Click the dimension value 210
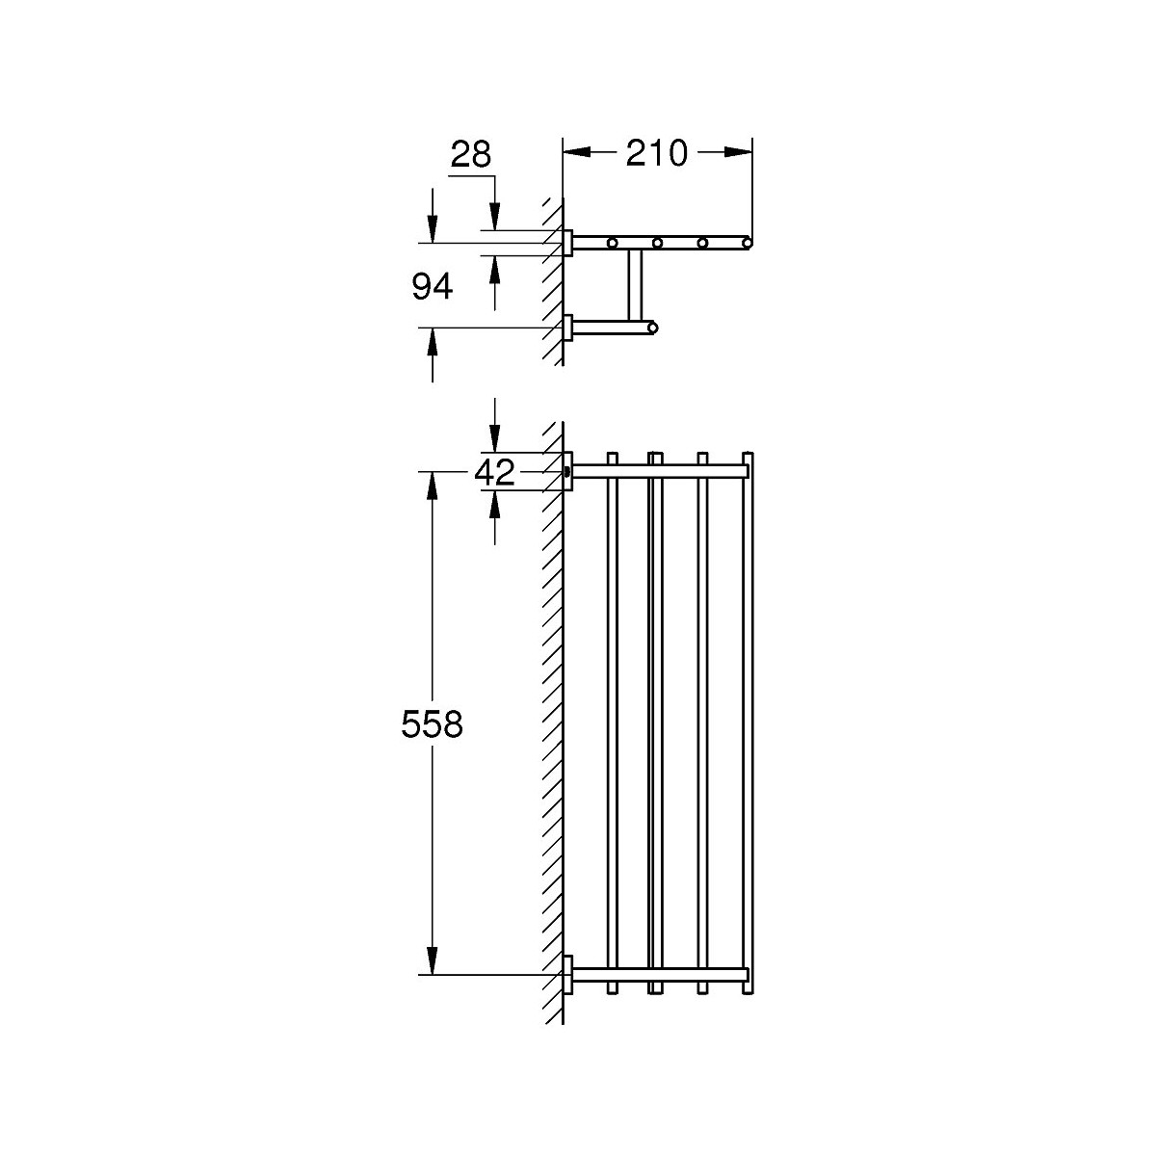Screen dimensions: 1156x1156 pyautogui.click(x=656, y=153)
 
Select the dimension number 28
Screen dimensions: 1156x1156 pyautogui.click(x=471, y=154)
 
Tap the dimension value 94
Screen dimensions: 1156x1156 pyautogui.click(x=432, y=286)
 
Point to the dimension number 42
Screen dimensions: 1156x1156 pyautogui.click(x=494, y=472)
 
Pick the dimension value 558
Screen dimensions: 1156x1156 pyautogui.click(x=432, y=724)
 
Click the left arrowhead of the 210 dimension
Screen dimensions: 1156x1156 pyautogui.click(x=577, y=152)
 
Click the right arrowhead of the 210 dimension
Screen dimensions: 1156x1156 pyautogui.click(x=738, y=152)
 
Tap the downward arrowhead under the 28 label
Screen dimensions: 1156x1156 pyautogui.click(x=494, y=216)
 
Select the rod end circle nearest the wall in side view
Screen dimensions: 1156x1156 pyautogui.click(x=613, y=243)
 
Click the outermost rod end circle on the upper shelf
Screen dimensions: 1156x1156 pyautogui.click(x=747, y=243)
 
